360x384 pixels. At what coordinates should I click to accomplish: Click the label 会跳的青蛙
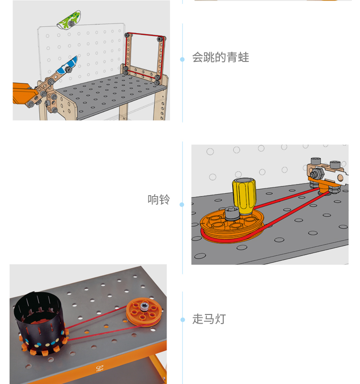pos(220,58)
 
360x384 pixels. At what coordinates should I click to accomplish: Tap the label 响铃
pos(159,199)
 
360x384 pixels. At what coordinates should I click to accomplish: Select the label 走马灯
pos(209,319)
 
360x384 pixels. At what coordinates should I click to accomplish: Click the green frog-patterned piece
pos(69,20)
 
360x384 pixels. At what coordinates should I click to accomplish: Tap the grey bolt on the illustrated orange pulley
pos(232,213)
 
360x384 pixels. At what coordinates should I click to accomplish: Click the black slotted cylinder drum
pos(39,321)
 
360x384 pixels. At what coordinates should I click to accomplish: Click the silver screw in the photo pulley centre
pos(144,306)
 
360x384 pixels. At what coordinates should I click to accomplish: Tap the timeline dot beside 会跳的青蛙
pos(182,59)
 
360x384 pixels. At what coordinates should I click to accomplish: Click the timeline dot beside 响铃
pos(182,205)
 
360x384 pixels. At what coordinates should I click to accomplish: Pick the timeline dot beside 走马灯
pos(182,320)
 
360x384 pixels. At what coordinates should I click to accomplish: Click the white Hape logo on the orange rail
pos(99,368)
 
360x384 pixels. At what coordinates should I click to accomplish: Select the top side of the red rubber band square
pos(145,35)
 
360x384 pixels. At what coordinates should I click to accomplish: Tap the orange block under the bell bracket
pos(323,185)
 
